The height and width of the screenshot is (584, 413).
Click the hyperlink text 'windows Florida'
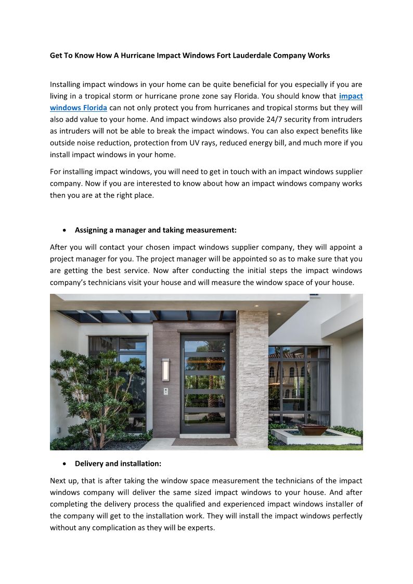(x=79, y=108)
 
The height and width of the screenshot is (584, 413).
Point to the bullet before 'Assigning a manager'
(x=64, y=229)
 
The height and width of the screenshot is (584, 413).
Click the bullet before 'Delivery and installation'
(x=64, y=463)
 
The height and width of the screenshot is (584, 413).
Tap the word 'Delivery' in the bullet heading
(x=90, y=463)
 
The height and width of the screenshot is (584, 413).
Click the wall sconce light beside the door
(x=165, y=369)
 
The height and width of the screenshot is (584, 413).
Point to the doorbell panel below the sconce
(x=165, y=391)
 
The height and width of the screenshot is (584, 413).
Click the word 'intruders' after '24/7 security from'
(x=345, y=120)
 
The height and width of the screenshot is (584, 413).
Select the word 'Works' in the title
(x=318, y=55)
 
